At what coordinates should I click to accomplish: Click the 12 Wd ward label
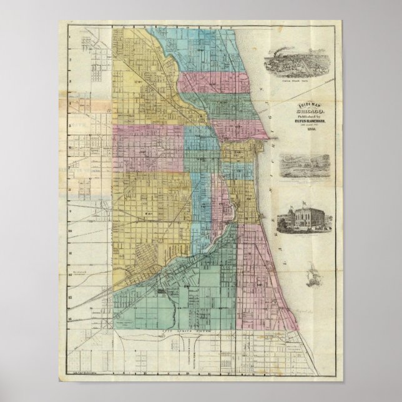[139, 82]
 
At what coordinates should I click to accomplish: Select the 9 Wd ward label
[149, 213]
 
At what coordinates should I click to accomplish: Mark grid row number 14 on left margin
[71, 316]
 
